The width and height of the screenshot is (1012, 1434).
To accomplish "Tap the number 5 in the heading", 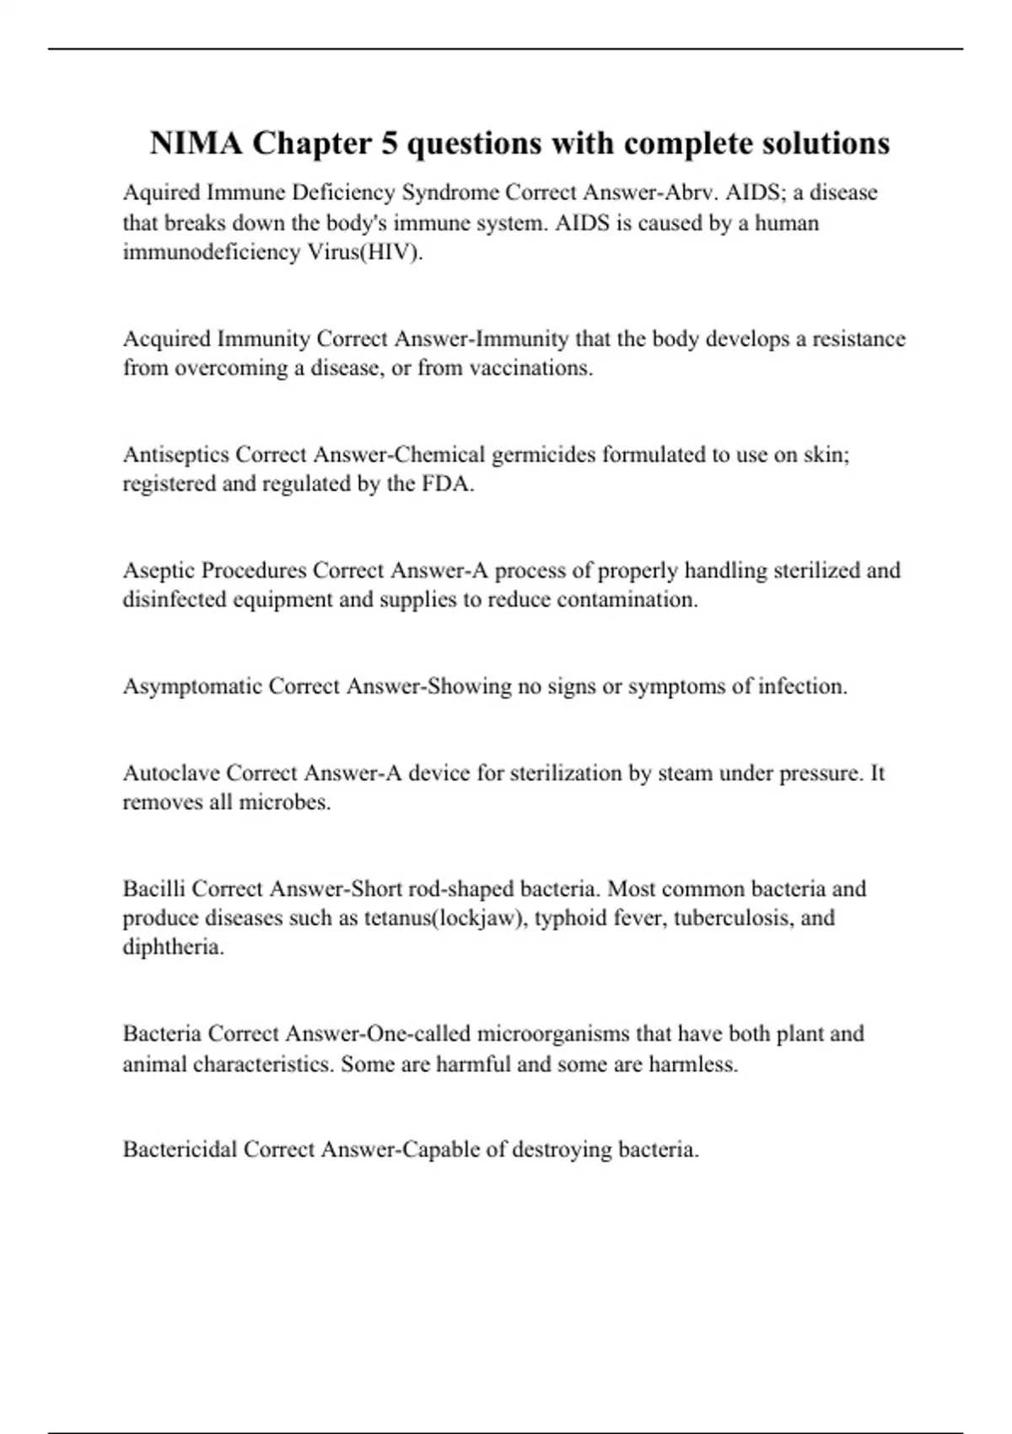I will (x=389, y=143).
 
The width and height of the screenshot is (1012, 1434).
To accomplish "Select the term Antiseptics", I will (x=175, y=455).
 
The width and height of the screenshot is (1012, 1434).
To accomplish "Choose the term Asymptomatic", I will (x=192, y=687).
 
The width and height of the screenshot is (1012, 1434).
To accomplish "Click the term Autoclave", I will (x=171, y=774).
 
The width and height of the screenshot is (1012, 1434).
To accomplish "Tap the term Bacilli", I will (x=154, y=889).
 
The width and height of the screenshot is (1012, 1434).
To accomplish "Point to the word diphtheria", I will (x=173, y=947).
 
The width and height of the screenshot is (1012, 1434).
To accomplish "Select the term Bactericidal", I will (x=180, y=1150).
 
